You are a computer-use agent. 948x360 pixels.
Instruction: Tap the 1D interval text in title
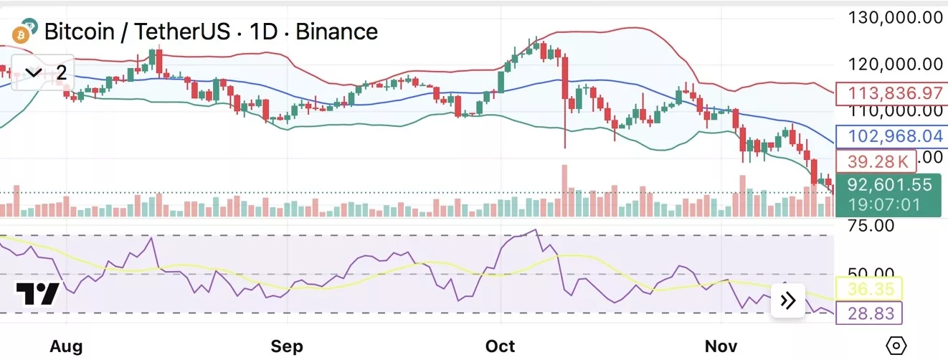click(265, 32)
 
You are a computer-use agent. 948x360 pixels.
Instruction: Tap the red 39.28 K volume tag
click(876, 161)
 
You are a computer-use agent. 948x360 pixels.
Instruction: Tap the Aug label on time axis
click(66, 346)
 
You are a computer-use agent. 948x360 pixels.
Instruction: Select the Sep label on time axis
click(287, 346)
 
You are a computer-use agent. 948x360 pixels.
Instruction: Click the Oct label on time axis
click(500, 346)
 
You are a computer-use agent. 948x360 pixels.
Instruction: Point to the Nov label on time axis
click(720, 346)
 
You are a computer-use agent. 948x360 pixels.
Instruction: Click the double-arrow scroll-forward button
click(787, 301)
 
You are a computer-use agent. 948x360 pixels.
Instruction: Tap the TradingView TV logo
click(38, 295)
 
